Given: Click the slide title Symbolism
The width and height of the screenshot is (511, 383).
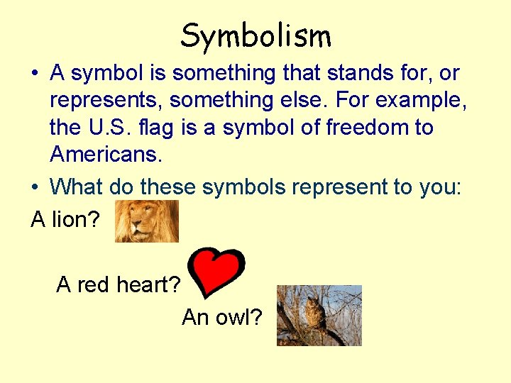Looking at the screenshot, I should coord(255,35).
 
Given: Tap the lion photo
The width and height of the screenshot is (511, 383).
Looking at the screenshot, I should coord(146,221).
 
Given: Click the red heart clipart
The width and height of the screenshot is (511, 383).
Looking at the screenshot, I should coord(219,272).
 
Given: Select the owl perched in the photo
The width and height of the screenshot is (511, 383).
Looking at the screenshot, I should coord(313,313).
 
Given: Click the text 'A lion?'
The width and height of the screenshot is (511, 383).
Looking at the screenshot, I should coord(65,220).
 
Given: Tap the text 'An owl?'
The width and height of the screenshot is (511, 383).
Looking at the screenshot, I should coord(221,317).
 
